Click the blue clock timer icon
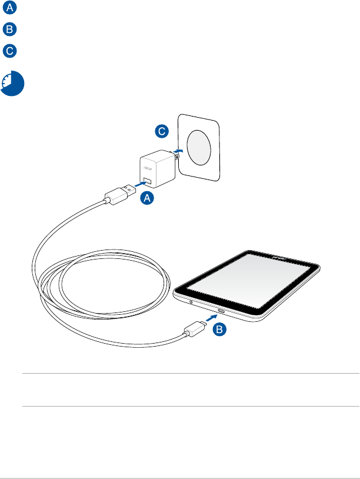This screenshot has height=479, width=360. tap(12, 84)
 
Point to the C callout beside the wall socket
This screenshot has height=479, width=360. tap(165, 132)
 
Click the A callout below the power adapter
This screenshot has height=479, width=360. tap(148, 199)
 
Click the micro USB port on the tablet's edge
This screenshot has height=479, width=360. tap(222, 311)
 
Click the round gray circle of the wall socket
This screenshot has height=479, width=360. tap(200, 147)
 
